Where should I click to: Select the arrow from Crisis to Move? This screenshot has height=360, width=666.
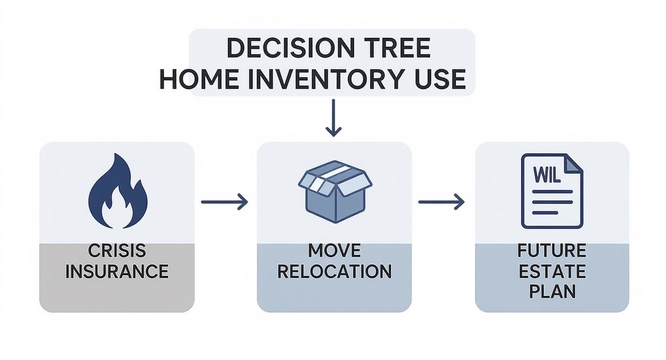[x=224, y=202]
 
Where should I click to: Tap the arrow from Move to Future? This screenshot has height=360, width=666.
[x=441, y=202]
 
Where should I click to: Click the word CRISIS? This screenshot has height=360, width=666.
[x=117, y=251]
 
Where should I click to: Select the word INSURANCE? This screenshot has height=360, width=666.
[x=117, y=272]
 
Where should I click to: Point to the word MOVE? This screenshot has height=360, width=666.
[x=334, y=251]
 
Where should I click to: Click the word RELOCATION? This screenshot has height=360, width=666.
[x=334, y=272]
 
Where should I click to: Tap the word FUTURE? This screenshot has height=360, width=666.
[x=552, y=251]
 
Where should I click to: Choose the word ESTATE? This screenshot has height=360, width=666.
[x=552, y=272]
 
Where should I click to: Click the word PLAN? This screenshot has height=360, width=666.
[x=552, y=292]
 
